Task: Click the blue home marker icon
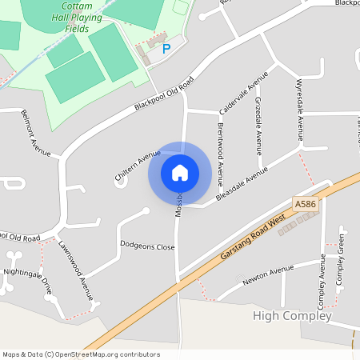pyautogui.click(x=180, y=173)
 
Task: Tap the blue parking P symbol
pyautogui.click(x=166, y=49)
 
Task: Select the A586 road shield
pyautogui.click(x=305, y=205)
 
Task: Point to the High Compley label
pyautogui.click(x=291, y=316)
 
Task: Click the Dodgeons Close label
pyautogui.click(x=147, y=246)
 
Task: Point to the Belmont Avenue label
pyautogui.click(x=36, y=133)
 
